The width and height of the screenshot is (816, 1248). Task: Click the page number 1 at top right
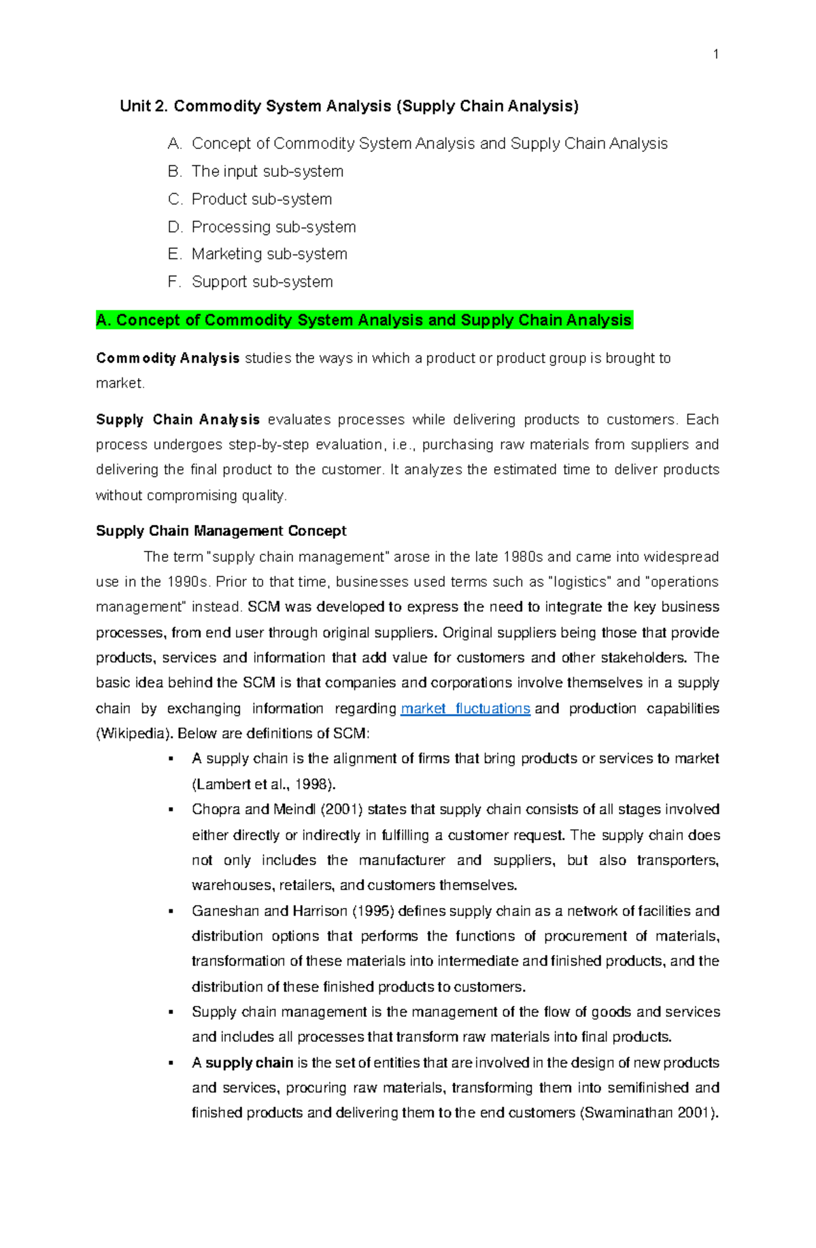point(716,55)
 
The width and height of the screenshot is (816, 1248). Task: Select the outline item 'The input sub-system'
point(267,171)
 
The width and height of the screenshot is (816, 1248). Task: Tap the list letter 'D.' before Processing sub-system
point(175,227)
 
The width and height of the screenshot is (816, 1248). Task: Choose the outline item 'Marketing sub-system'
point(269,254)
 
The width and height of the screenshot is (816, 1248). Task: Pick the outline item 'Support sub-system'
point(262,282)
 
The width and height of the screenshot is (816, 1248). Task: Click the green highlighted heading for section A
point(364,320)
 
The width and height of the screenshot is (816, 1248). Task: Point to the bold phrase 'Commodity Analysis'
point(167,358)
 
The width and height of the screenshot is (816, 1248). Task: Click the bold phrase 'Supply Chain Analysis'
point(177,420)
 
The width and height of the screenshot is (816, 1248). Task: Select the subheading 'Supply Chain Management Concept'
point(221,531)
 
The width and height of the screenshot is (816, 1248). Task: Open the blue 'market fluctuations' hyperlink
point(465,709)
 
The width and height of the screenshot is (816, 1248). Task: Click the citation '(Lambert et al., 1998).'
point(264,784)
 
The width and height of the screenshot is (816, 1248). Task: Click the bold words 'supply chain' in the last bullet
point(249,1063)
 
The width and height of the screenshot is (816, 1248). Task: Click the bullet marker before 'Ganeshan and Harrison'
point(171,911)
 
